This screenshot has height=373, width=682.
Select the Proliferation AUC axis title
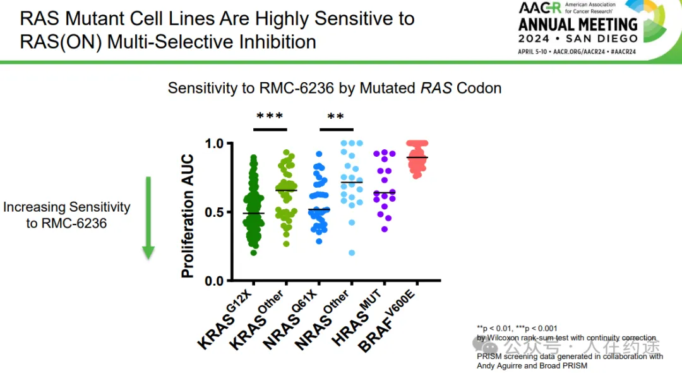(188, 216)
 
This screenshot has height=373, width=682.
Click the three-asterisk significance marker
(270, 117)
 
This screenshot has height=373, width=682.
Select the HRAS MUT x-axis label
(369, 316)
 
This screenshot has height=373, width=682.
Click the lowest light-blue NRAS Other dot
(352, 253)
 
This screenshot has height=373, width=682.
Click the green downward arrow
(148, 218)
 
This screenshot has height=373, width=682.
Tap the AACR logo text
(539, 8)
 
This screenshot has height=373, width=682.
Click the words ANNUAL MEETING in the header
(578, 25)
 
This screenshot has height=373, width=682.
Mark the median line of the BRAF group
(417, 157)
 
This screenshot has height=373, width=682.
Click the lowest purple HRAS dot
(385, 229)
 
